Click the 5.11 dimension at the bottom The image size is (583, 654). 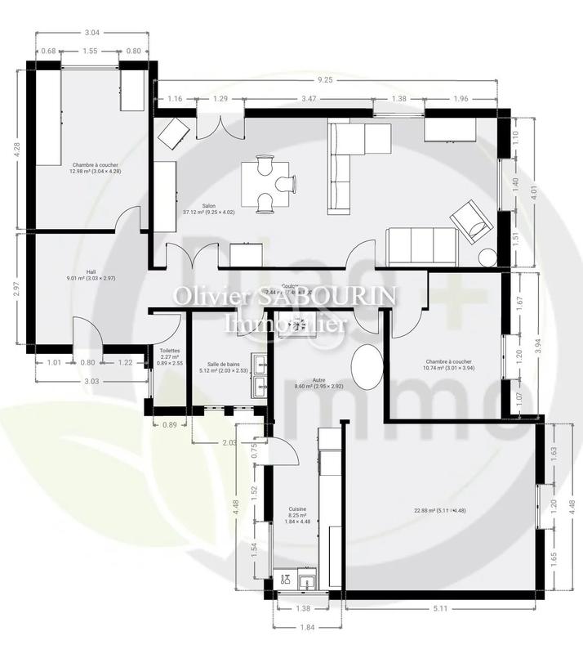(442, 607)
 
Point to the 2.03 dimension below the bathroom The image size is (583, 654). (230, 442)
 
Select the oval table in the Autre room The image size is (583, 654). (367, 369)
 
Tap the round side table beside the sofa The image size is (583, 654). (488, 257)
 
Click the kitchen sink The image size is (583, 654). (307, 581)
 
